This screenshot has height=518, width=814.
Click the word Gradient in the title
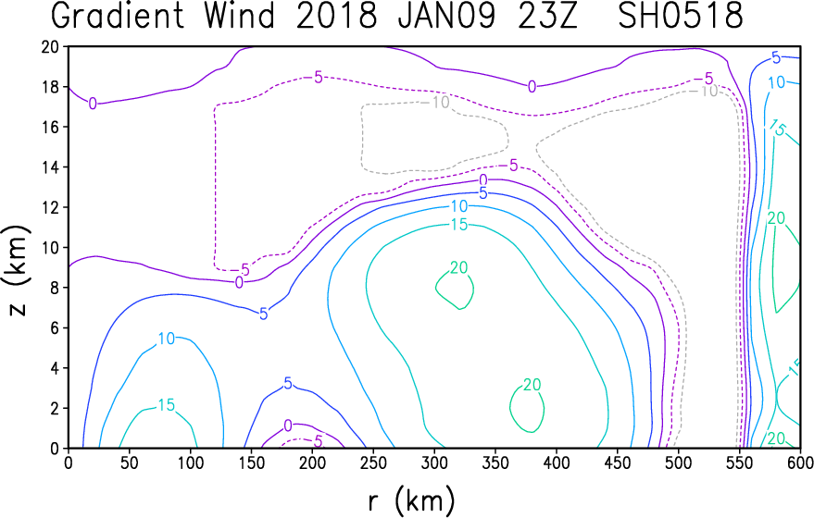click(x=118, y=16)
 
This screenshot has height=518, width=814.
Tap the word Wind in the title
click(x=239, y=16)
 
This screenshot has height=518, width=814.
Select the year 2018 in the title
click(x=336, y=16)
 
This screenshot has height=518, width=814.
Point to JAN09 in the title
click(x=446, y=16)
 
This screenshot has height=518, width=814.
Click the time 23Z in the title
click(x=547, y=16)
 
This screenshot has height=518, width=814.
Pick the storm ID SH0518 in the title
click(x=681, y=16)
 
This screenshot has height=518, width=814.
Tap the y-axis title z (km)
click(x=19, y=270)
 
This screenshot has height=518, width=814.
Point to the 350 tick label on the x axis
click(x=495, y=462)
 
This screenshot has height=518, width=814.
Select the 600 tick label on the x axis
click(x=800, y=462)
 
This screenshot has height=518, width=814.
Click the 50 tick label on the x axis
click(x=130, y=462)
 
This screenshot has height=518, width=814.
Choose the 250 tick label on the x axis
click(x=373, y=462)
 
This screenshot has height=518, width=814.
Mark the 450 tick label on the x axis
click(x=618, y=462)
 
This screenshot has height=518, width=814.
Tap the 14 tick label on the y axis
click(x=51, y=167)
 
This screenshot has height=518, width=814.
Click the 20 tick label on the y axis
click(x=51, y=46)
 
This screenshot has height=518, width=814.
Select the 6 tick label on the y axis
click(x=55, y=327)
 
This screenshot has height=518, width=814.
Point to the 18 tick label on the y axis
click(x=51, y=87)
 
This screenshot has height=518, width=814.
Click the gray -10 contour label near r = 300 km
click(x=435, y=102)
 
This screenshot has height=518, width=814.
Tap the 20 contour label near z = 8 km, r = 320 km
click(x=459, y=267)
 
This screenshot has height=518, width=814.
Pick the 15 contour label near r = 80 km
click(x=166, y=405)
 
